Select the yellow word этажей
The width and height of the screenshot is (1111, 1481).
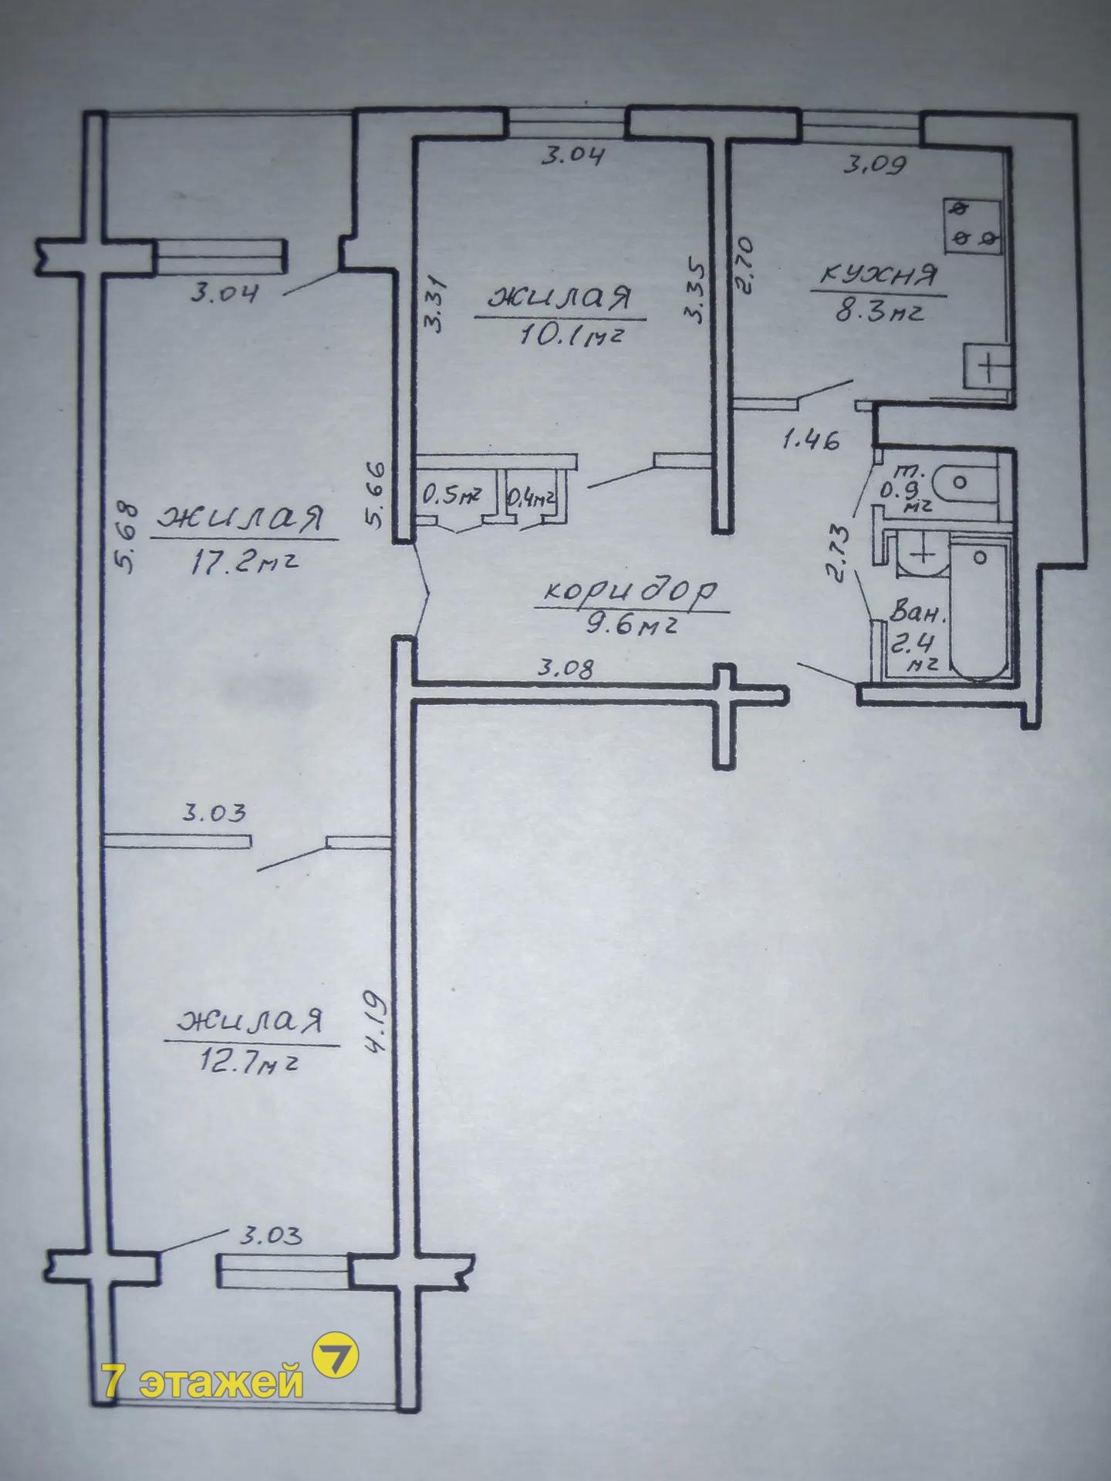[x=222, y=1382]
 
